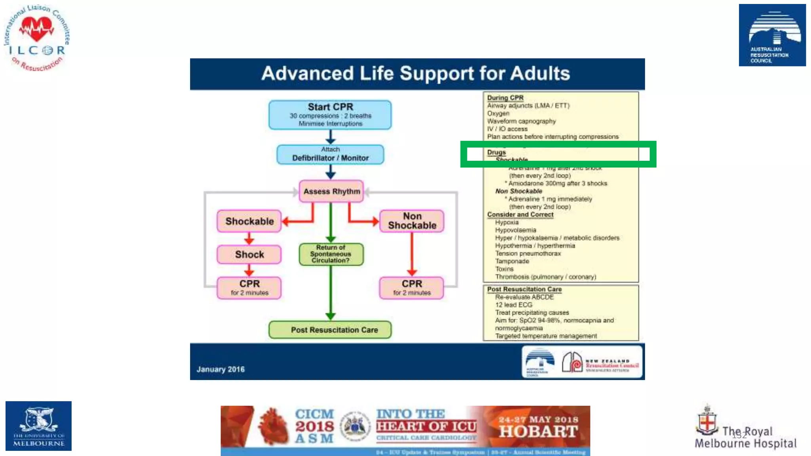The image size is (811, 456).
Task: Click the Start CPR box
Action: point(330,115)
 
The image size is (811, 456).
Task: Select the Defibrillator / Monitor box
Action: point(330,154)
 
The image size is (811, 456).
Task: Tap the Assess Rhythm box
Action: point(331,192)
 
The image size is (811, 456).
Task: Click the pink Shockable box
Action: point(249,221)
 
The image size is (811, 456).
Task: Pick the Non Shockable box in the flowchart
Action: point(412,221)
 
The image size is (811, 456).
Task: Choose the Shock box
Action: point(249,255)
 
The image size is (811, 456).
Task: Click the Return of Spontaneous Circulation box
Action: point(331,254)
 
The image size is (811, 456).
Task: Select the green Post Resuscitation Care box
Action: point(330,330)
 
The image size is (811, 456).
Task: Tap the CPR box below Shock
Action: point(249,288)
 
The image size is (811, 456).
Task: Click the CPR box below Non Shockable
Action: point(411,288)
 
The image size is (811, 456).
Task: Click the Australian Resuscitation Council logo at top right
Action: point(772,35)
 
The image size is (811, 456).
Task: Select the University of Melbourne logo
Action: point(38,426)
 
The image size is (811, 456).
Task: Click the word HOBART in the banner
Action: point(538,432)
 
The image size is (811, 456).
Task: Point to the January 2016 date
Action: point(221,369)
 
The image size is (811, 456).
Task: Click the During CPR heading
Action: point(505,98)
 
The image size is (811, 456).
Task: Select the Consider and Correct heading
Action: point(520,215)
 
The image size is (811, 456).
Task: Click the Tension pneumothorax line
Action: point(527,254)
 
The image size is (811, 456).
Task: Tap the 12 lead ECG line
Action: point(514,305)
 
